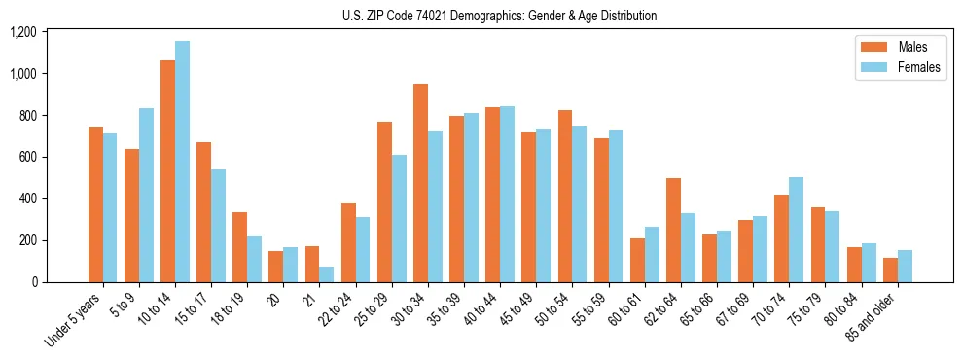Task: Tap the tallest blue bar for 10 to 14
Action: point(182,162)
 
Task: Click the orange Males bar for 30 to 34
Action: point(420,183)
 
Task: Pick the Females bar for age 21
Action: point(327,274)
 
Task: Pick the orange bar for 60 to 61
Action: point(637,260)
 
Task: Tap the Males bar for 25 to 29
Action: point(384,201)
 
